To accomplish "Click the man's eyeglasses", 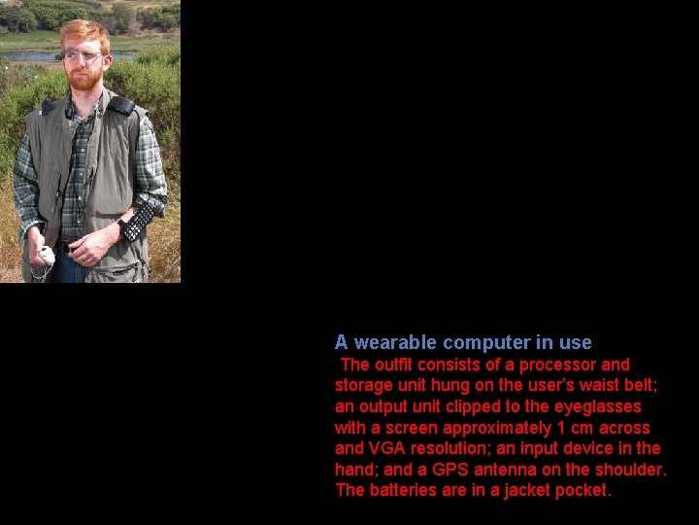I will (x=82, y=56).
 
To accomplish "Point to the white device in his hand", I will (x=45, y=256).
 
